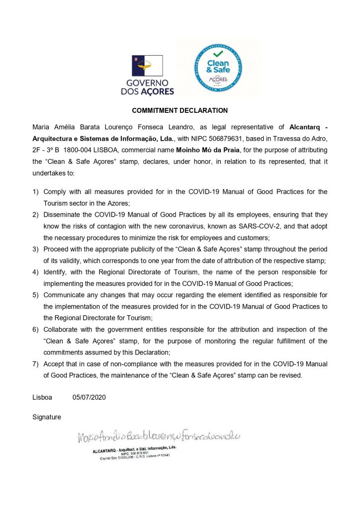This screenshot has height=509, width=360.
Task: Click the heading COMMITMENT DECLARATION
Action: click(180, 110)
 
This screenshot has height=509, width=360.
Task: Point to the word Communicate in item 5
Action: click(65, 295)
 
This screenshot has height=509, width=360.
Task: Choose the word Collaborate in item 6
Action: click(62, 330)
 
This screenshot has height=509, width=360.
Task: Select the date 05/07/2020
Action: click(89, 398)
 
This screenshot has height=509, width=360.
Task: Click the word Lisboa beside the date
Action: click(42, 398)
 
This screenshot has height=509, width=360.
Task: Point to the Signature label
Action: click(47, 417)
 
